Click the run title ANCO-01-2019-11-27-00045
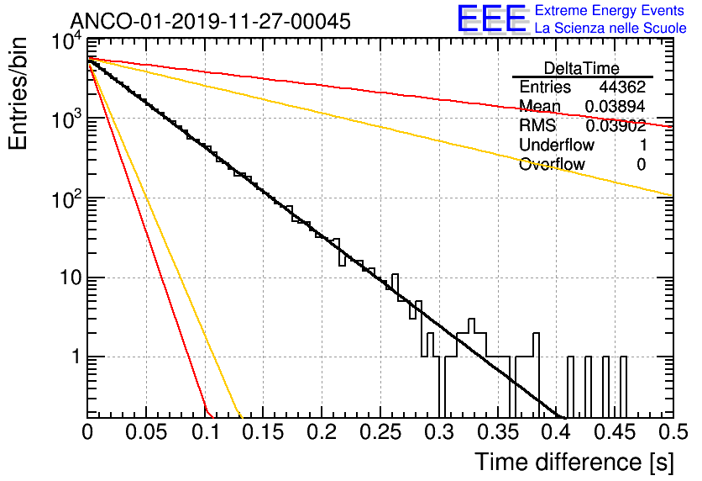pos(210,20)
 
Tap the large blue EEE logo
pos(490,19)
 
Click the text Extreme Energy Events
pos(610,11)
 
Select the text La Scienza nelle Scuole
pos(610,28)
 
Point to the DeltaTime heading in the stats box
pos(582,68)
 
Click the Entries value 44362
pos(622,87)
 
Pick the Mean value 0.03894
pos(616,107)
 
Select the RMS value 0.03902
pos(616,126)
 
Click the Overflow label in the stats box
pos(552,165)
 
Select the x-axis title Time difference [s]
pos(573,462)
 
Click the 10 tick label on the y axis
pos(68,277)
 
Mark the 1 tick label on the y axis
pos(74,357)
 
